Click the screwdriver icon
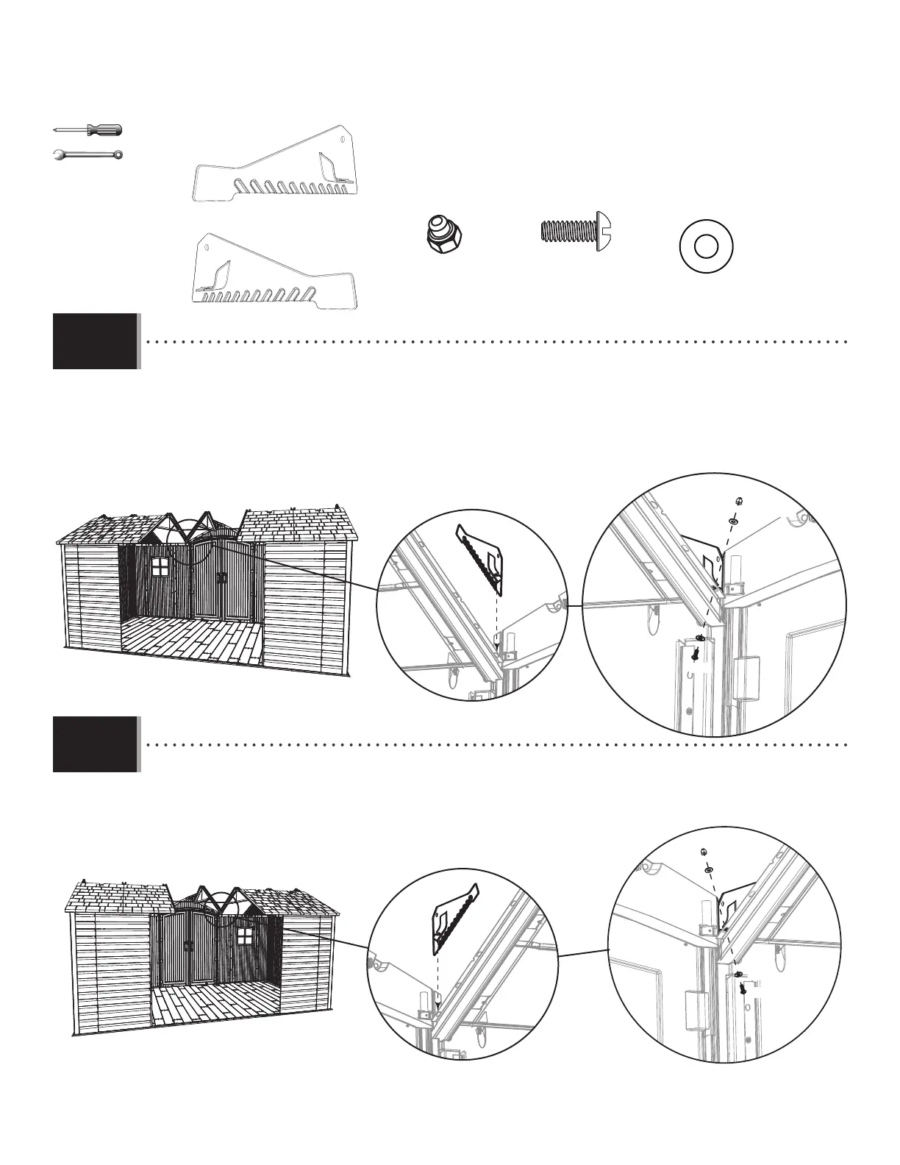click(x=88, y=130)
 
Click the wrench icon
click(x=88, y=155)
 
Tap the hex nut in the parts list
click(x=445, y=232)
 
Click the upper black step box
click(x=95, y=341)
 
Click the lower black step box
click(x=95, y=744)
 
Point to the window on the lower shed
click(x=244, y=937)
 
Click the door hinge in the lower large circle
click(x=695, y=1011)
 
